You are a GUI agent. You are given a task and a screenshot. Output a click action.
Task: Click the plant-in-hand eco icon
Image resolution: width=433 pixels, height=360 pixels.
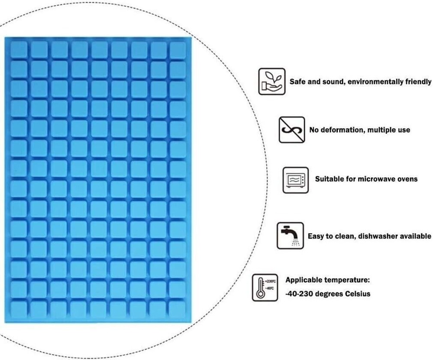(x=272, y=81)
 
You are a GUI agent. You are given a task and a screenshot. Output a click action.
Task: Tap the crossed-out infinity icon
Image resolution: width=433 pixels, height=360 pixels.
(x=292, y=130)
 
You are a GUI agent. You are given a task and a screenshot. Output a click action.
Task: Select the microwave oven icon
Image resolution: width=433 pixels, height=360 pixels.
(x=295, y=180)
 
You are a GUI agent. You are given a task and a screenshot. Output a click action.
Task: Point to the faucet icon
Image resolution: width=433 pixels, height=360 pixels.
(x=290, y=236)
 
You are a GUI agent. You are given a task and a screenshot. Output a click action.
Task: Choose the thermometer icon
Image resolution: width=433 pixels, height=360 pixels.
(x=265, y=288)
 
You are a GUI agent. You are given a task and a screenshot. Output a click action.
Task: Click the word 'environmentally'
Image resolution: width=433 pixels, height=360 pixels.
(x=375, y=82)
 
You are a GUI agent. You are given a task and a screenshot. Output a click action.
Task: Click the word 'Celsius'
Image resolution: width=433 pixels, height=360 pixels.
(x=358, y=293)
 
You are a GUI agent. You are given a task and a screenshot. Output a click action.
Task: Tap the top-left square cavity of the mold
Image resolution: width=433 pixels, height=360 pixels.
(x=19, y=49)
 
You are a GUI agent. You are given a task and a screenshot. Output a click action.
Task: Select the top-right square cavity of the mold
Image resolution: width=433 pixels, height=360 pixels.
(x=178, y=50)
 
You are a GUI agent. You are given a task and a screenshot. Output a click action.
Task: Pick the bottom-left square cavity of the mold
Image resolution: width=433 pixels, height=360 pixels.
(x=19, y=309)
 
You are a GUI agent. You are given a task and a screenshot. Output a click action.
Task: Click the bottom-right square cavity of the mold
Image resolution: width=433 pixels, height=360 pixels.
(x=177, y=309)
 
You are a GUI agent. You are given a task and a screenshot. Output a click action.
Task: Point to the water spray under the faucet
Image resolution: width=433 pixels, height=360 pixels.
(x=296, y=242)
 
